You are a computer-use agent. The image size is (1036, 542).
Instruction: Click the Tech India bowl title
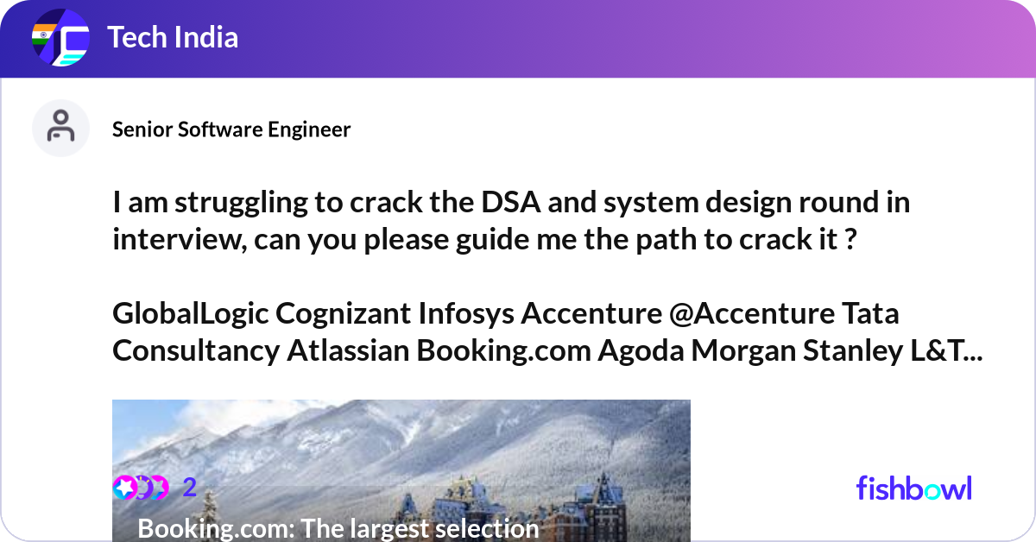pyautogui.click(x=173, y=38)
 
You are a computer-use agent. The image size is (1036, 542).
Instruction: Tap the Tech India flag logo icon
pyautogui.click(x=60, y=39)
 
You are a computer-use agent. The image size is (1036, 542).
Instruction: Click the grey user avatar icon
pyautogui.click(x=60, y=128)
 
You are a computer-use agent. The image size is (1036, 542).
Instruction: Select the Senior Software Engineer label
pyautogui.click(x=231, y=129)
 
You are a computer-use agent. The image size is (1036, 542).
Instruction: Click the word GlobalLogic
pyautogui.click(x=190, y=313)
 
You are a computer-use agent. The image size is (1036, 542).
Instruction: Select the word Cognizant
pyautogui.click(x=342, y=313)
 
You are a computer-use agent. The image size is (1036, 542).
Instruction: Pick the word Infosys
pyautogui.click(x=465, y=313)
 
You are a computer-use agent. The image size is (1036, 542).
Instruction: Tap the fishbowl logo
pyautogui.click(x=913, y=488)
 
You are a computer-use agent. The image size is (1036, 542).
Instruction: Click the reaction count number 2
pyautogui.click(x=190, y=488)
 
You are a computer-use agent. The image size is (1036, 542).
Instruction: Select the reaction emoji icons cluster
pyautogui.click(x=141, y=488)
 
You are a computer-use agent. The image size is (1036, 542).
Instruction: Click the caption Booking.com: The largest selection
pyautogui.click(x=338, y=527)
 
